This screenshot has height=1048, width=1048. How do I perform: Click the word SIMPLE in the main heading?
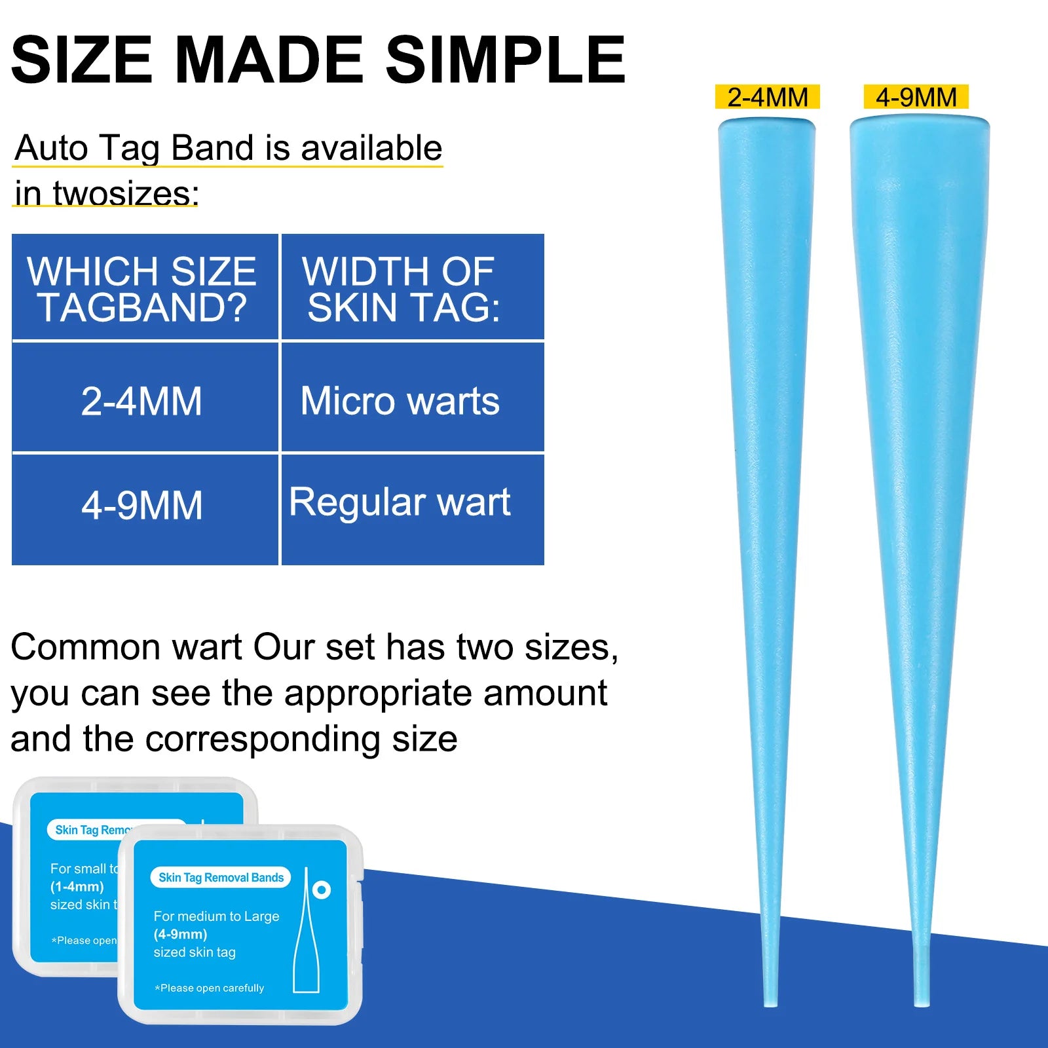(505, 60)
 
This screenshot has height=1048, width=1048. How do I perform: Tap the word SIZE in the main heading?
(82, 60)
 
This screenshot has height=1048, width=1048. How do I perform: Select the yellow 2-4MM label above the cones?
(767, 98)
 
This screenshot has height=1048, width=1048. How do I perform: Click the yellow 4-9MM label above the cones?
(916, 98)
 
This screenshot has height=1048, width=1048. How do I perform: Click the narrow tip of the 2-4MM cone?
(770, 999)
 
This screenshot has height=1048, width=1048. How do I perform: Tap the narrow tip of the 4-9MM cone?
(922, 999)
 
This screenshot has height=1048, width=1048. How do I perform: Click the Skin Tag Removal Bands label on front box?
(221, 878)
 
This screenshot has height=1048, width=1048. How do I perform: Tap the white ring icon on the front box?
(322, 889)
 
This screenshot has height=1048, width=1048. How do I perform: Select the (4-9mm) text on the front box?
(180, 934)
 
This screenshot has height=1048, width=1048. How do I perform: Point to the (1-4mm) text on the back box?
(77, 887)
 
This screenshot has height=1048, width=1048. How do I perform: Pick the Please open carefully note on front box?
(210, 988)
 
